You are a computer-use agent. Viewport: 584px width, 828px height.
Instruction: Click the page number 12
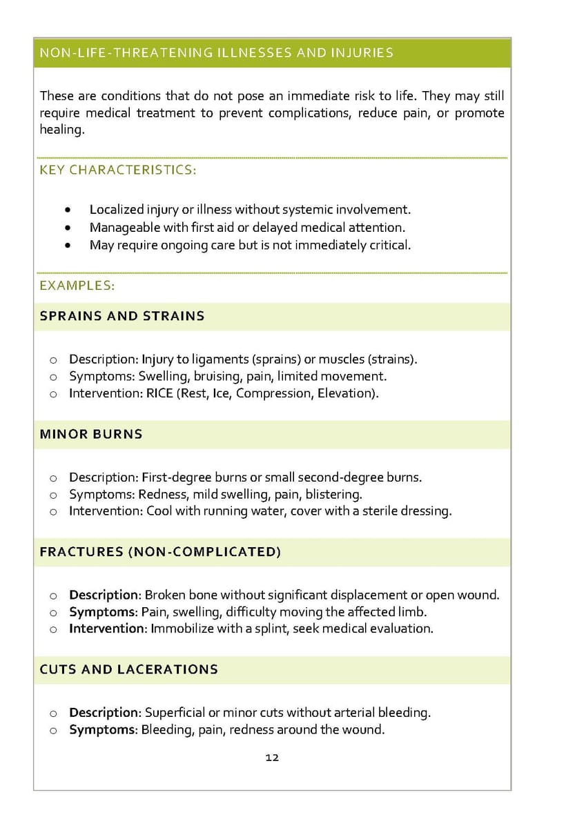(x=272, y=758)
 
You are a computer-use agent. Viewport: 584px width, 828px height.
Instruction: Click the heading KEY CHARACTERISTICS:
(x=118, y=170)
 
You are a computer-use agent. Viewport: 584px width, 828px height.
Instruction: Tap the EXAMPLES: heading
(x=77, y=285)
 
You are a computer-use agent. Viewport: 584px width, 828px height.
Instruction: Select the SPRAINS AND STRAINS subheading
(x=122, y=316)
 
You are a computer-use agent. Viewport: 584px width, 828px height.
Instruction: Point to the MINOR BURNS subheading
(x=91, y=434)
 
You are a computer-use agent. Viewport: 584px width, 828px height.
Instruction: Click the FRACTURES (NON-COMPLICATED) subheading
(x=160, y=552)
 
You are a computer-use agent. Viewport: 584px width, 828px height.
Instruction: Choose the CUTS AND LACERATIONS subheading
(x=128, y=669)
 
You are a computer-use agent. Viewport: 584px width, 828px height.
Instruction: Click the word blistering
(x=336, y=495)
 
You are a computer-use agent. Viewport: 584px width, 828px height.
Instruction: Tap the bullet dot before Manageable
(x=67, y=228)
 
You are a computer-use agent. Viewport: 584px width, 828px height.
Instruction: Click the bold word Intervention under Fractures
(x=108, y=629)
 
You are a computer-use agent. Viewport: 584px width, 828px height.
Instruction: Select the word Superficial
(x=175, y=713)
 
